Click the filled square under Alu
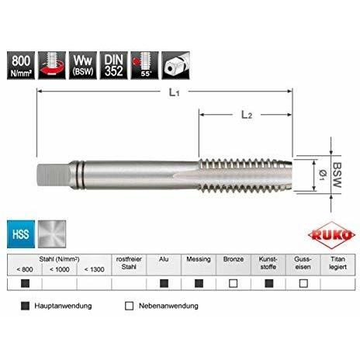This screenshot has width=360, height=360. [164, 283]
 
